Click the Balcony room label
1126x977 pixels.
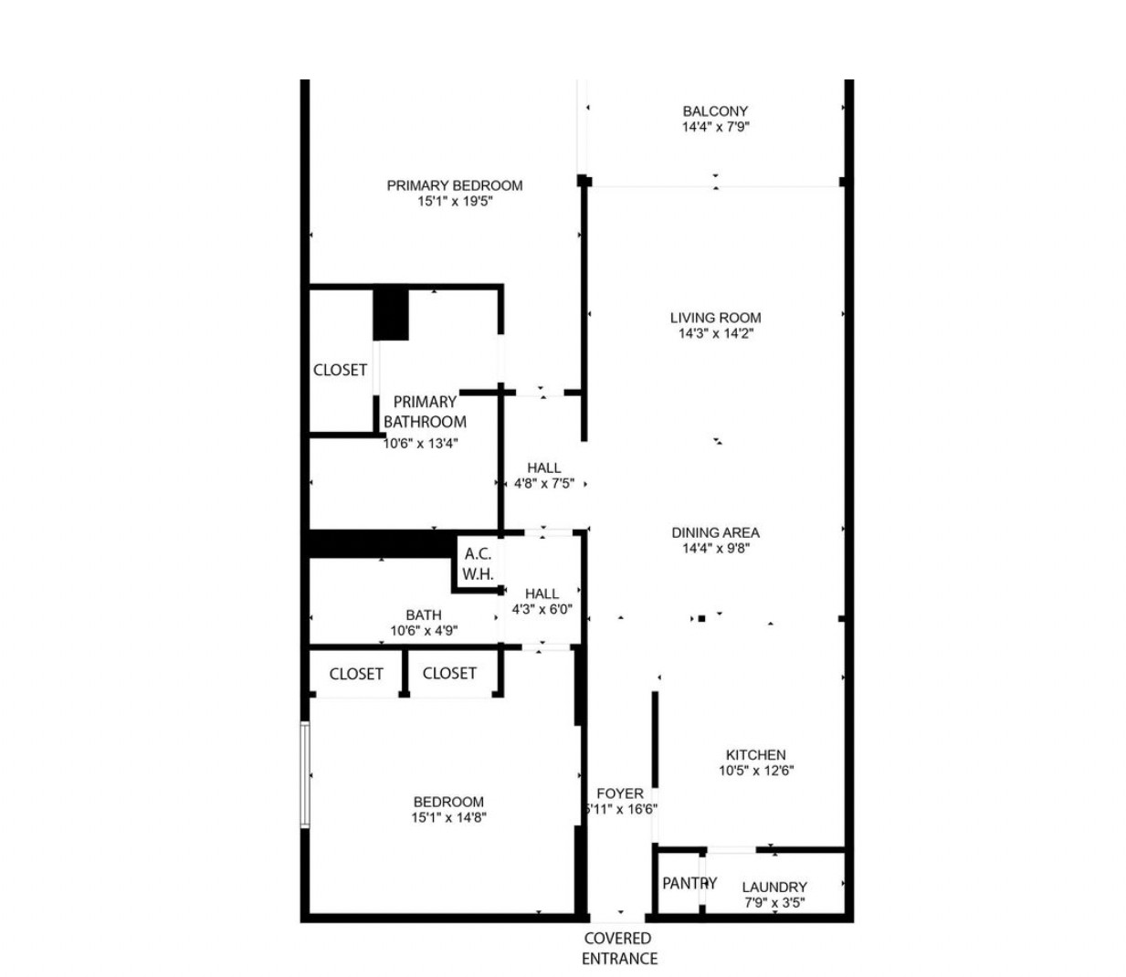tap(715, 111)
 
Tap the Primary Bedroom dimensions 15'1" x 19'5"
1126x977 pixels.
tap(455, 201)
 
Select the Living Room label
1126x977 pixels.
tap(715, 318)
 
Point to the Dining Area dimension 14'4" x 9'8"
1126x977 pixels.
tap(715, 549)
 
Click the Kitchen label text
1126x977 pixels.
tap(755, 755)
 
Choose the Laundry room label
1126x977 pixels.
tap(774, 887)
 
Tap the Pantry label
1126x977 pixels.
tap(689, 883)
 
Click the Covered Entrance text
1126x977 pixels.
tap(619, 948)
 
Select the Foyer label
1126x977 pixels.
tap(620, 793)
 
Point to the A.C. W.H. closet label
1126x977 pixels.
tap(478, 564)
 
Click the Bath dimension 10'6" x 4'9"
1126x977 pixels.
tap(424, 631)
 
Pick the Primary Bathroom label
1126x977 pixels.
tap(425, 412)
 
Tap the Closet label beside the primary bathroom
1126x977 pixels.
tap(340, 370)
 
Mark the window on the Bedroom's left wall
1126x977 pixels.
tap(306, 775)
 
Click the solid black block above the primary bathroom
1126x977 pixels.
tap(391, 313)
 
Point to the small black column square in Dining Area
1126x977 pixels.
tap(701, 618)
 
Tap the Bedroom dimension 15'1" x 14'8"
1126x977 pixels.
tap(447, 818)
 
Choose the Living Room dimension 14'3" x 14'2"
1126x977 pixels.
tap(715, 334)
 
